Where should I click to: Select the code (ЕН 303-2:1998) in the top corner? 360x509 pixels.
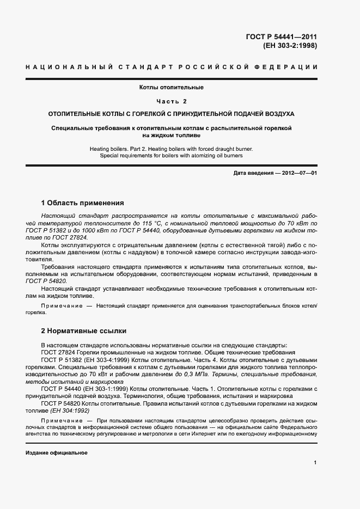290,46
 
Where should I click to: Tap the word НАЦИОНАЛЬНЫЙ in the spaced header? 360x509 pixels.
66,67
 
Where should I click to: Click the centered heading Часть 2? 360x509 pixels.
171,101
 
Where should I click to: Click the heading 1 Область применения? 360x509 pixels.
83,203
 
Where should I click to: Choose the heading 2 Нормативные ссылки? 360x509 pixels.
83,330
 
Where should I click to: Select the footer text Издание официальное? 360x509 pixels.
57,452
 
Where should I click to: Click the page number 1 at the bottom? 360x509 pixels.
315,463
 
